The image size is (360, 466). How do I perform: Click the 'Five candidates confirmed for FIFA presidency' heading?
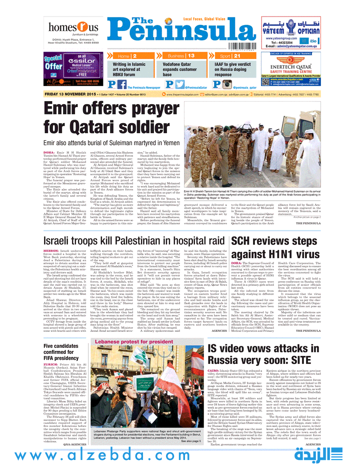tap(63, 339)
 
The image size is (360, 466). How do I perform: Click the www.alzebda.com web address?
tap(145, 455)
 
